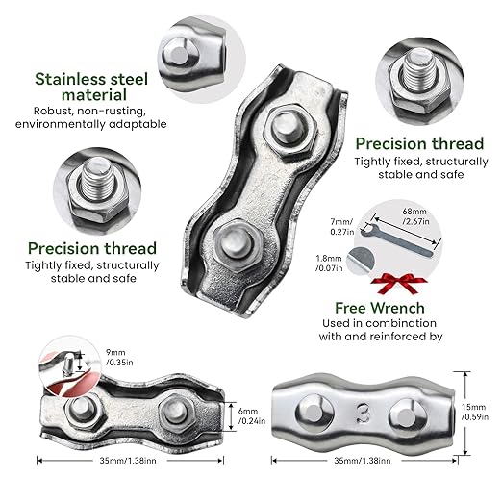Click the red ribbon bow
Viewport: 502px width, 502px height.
coord(398,283)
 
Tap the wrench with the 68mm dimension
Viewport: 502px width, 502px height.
coord(396,239)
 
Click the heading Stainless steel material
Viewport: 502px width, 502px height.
coord(91,87)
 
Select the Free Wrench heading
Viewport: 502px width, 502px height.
coord(380,308)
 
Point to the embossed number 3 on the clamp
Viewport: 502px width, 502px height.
coord(363,414)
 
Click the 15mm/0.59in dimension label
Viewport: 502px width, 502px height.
coord(475,412)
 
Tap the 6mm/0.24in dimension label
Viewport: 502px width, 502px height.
coord(252,415)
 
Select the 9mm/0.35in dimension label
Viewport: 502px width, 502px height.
coord(119,358)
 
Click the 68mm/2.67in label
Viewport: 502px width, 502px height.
coord(415,216)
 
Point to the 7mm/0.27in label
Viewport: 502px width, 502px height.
coord(342,226)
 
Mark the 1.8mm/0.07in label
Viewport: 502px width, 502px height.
coord(329,263)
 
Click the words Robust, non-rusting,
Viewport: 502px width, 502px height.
coord(90,111)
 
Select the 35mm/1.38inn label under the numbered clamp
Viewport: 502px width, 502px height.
coord(363,461)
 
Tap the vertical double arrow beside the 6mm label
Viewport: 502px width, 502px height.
coord(231,415)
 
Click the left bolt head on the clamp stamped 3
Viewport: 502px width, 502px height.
coord(313,412)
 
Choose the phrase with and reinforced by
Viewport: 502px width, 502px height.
coord(381,337)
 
